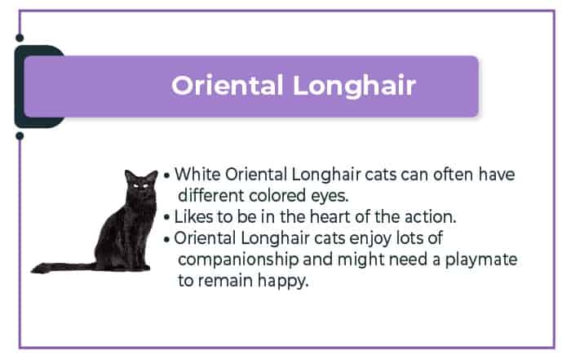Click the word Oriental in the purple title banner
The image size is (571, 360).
click(x=228, y=86)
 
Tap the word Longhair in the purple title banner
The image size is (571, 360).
click(x=354, y=87)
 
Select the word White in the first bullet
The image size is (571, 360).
click(x=197, y=174)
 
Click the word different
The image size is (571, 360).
click(x=210, y=196)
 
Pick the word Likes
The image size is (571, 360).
click(x=193, y=217)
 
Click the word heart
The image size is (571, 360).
click(x=330, y=217)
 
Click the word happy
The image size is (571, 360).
click(x=283, y=282)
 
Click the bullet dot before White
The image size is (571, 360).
click(x=166, y=176)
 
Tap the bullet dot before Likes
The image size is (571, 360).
click(x=166, y=218)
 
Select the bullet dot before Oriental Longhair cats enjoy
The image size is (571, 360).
click(x=166, y=240)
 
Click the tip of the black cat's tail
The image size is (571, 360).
click(x=33, y=271)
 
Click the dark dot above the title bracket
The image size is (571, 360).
click(x=20, y=38)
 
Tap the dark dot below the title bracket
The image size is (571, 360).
click(x=20, y=136)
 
